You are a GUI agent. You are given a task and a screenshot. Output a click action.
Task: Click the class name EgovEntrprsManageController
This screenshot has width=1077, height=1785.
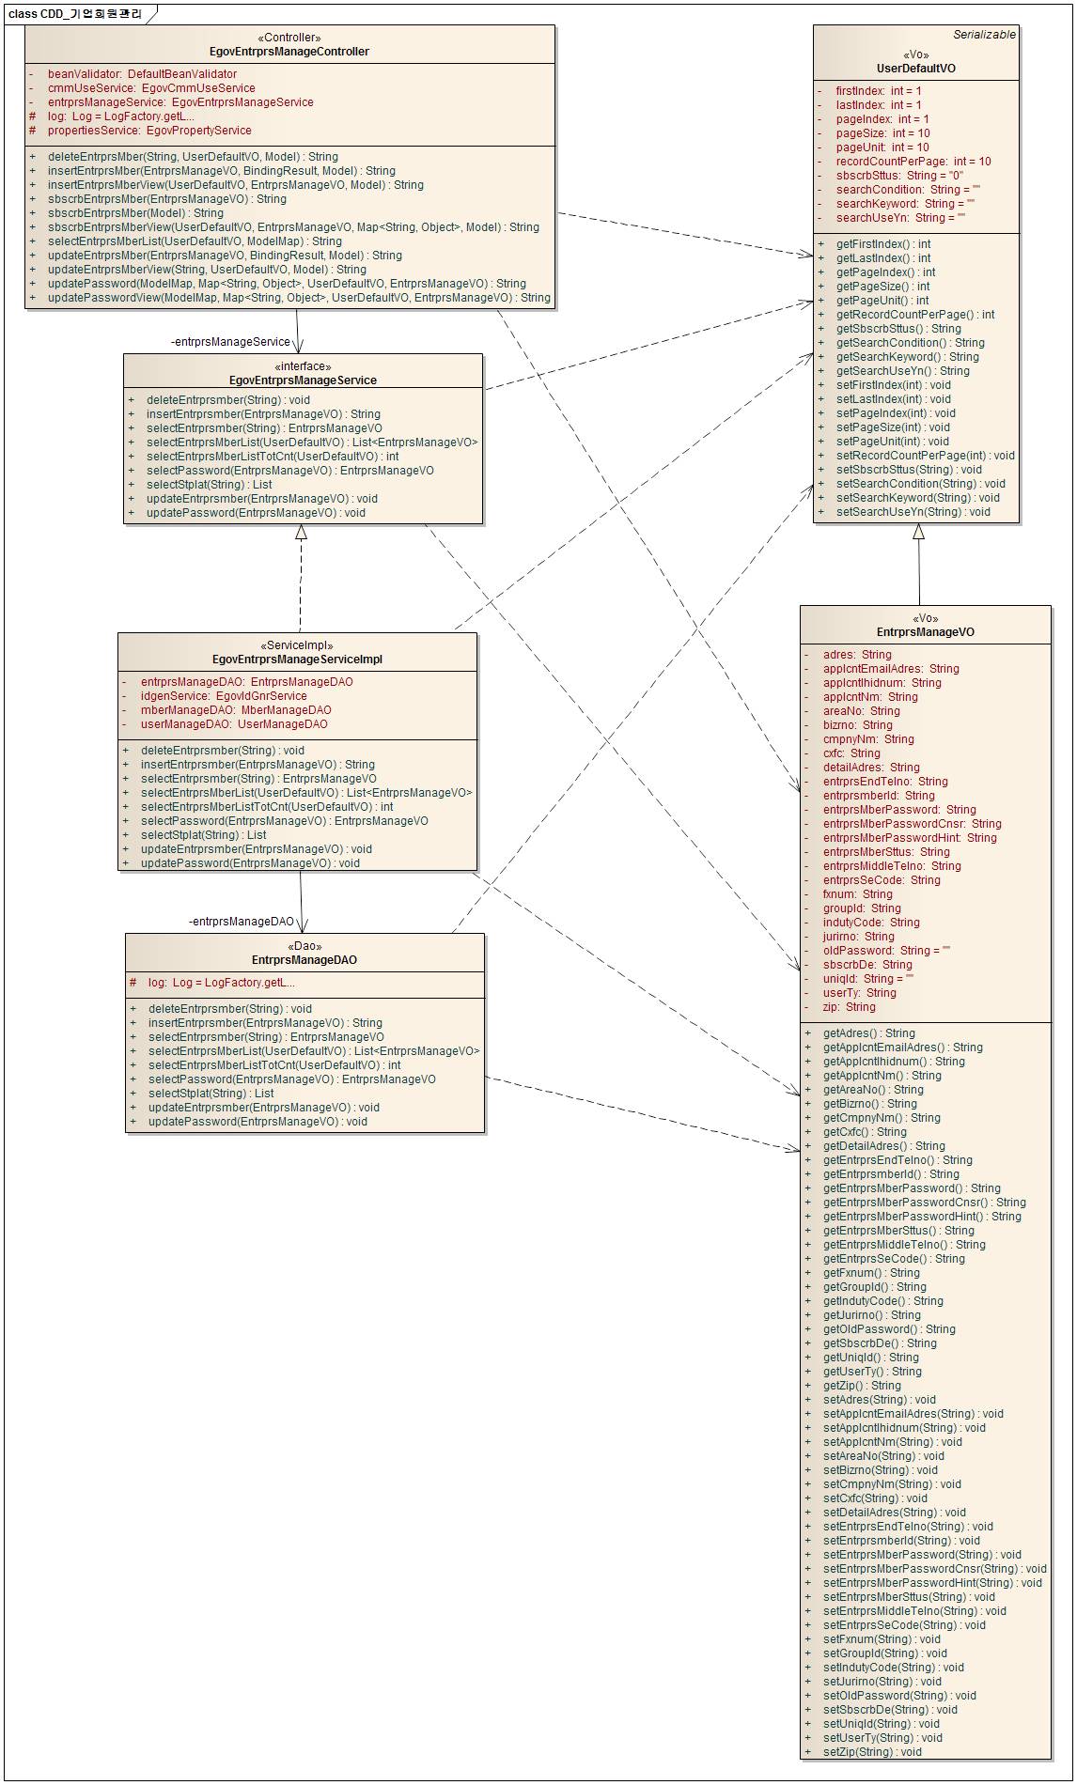tap(289, 52)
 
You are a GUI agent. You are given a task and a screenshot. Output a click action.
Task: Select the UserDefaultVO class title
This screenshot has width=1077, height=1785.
tap(915, 69)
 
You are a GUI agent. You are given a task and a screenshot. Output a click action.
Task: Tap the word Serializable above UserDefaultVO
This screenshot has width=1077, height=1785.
tap(984, 35)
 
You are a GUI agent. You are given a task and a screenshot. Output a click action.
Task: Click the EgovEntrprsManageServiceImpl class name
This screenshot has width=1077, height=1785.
tap(297, 660)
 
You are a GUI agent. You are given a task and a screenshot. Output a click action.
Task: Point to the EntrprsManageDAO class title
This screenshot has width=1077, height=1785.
tap(304, 960)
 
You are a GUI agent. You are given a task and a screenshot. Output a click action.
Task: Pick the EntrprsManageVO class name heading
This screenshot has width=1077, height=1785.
tap(925, 632)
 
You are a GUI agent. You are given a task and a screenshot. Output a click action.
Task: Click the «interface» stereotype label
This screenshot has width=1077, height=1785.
tap(303, 366)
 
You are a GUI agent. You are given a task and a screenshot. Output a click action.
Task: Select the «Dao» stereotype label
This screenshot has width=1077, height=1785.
tap(304, 946)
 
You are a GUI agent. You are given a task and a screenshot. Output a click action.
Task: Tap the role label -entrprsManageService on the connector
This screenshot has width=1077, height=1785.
tap(230, 342)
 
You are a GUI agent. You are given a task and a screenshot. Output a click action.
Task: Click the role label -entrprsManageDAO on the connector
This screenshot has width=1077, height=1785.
tap(242, 922)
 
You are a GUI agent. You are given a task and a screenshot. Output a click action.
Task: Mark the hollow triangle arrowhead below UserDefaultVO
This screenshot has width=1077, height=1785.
tap(918, 532)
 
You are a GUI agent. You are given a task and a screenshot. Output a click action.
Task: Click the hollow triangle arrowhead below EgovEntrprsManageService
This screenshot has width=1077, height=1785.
tap(301, 533)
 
